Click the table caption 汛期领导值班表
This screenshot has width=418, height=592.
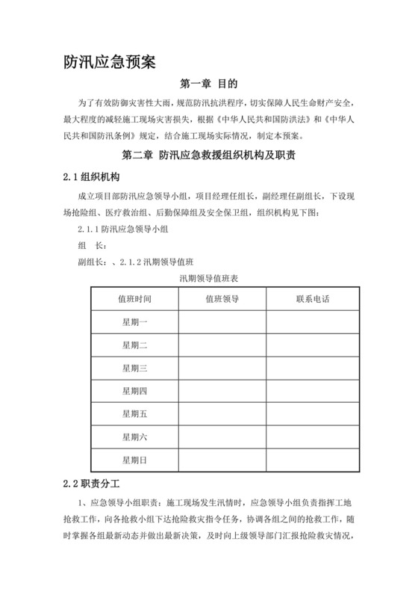click(208, 278)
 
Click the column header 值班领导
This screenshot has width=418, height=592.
click(222, 299)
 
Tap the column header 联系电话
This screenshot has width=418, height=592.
click(312, 299)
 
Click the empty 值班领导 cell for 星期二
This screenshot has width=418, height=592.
click(222, 345)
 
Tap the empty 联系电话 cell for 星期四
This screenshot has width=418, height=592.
click(312, 391)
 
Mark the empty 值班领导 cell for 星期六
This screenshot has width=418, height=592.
click(222, 437)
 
